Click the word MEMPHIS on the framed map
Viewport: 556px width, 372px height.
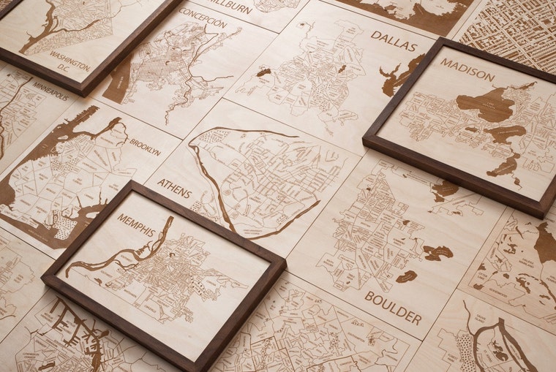136,225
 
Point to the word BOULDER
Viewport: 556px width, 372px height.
393,307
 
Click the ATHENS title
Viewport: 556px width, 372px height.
174,189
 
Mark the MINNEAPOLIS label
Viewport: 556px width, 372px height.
50,91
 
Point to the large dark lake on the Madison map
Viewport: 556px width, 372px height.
486,105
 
